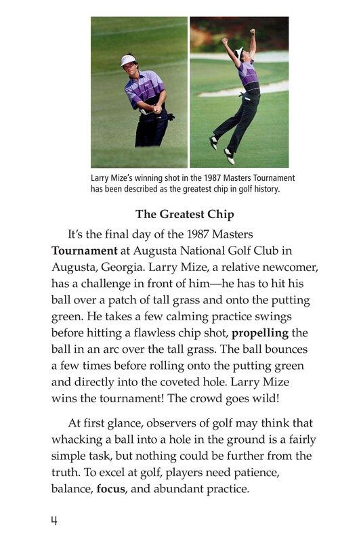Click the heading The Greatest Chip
click(184, 215)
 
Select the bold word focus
click(111, 488)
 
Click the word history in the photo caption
click(265, 190)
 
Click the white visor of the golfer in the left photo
click(128, 60)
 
